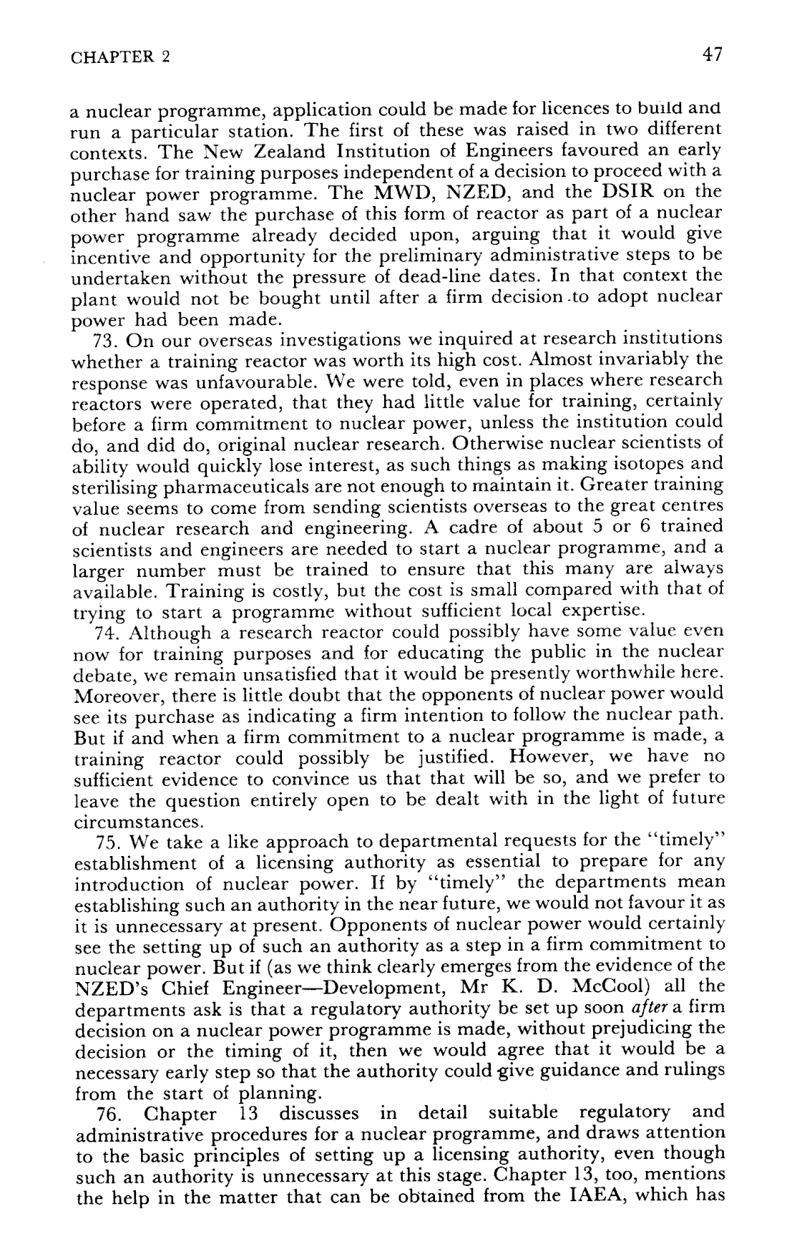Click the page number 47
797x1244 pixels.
(712, 55)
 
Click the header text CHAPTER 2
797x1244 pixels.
(120, 58)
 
